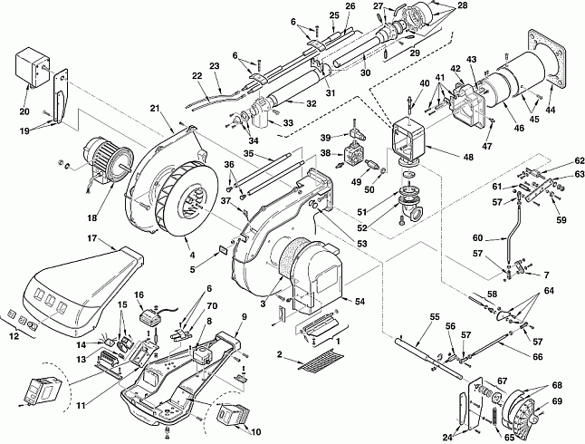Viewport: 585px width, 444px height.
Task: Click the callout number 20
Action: coord(24,111)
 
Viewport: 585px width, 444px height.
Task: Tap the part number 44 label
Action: coord(551,110)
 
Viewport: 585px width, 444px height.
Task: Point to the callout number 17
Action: coord(92,238)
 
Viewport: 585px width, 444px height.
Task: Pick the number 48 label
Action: coord(468,157)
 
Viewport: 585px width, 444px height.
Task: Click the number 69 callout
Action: coord(557,401)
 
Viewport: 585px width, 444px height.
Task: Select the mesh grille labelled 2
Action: coord(321,359)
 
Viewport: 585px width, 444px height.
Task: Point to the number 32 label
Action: coord(311,103)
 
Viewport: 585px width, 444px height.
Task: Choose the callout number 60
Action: coord(477,238)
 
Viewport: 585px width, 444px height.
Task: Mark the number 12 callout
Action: coord(14,336)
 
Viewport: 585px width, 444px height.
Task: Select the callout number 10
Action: coord(255,432)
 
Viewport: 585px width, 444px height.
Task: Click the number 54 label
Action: coord(360,301)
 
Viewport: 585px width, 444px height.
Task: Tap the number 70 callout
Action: coord(212,306)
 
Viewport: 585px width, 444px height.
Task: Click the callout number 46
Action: coord(519,128)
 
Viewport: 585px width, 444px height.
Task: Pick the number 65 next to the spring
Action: coord(510,438)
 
